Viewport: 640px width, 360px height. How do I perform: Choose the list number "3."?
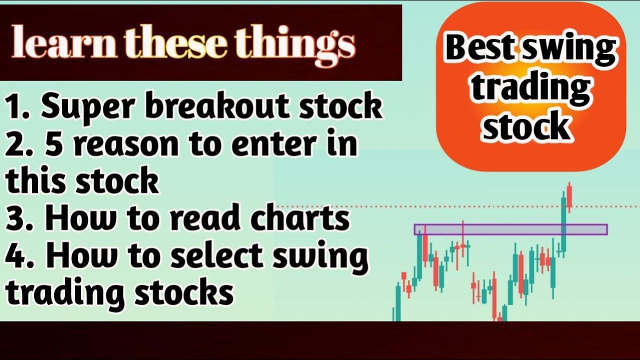22,218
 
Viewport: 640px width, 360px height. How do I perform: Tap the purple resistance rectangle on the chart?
510,229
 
